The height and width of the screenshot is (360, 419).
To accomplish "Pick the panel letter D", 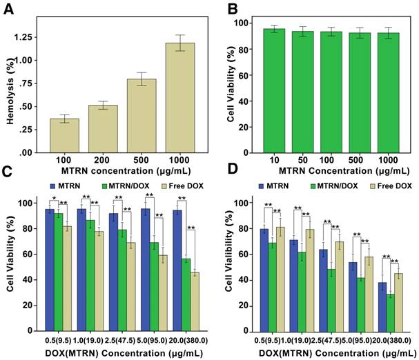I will (229, 188).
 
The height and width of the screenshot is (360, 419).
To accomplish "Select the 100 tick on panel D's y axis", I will (243, 203).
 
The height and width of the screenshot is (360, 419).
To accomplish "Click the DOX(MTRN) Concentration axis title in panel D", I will (327, 353).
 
